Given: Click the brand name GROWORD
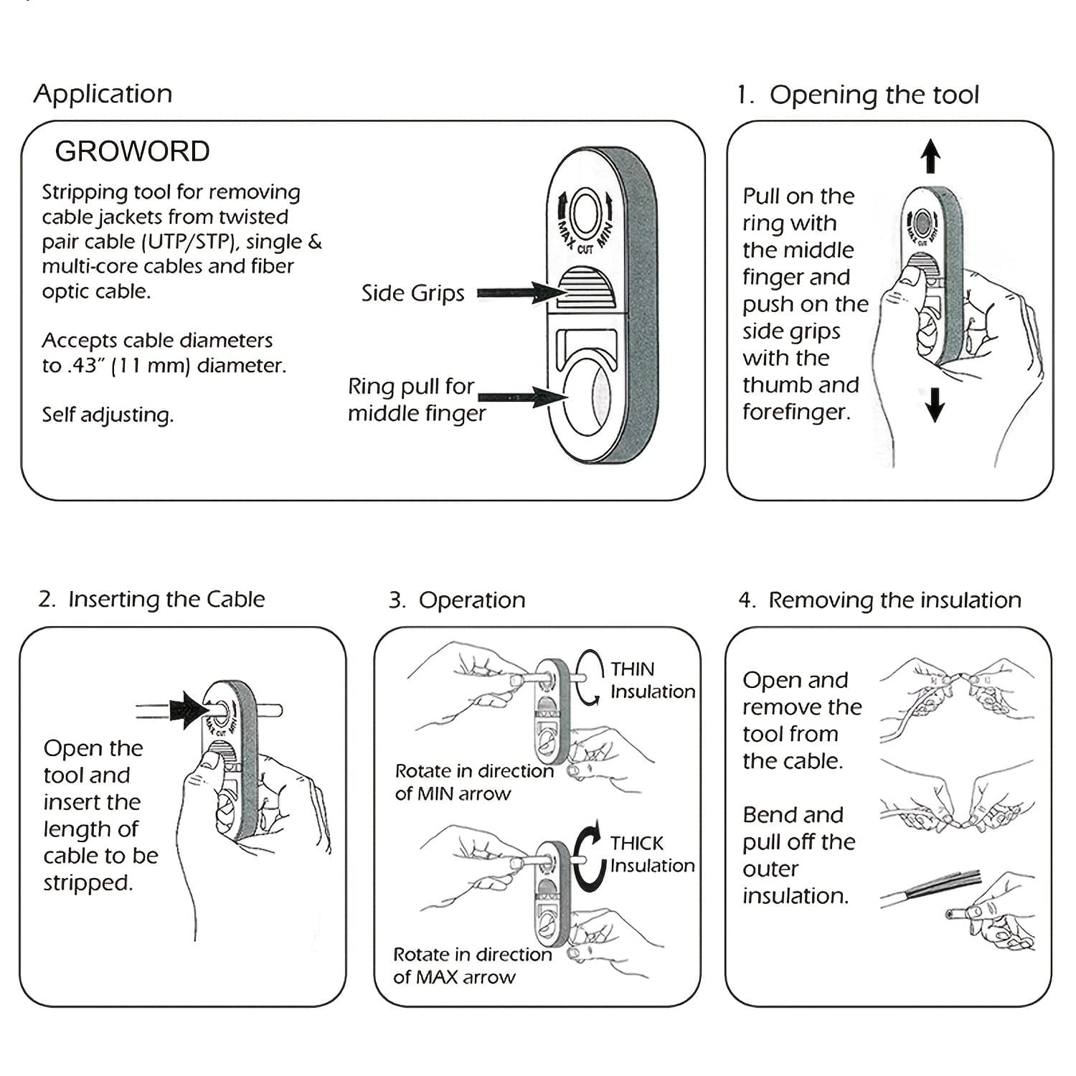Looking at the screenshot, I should (132, 151).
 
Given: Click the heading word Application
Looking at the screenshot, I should (103, 94).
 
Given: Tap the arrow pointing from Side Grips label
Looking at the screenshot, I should (520, 293).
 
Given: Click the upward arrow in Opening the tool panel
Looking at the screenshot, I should (930, 156).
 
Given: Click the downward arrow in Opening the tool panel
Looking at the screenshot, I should (934, 404).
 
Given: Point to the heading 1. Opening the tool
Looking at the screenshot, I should (858, 95).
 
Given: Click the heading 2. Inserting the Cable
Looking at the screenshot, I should (151, 599).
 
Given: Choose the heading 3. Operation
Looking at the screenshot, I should (457, 600).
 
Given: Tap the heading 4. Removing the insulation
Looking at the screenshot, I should (879, 600).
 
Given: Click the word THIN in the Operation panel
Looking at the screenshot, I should (632, 669).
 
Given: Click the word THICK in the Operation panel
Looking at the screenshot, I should (636, 843).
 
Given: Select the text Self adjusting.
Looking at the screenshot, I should (108, 415).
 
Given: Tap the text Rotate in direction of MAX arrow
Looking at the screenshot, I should (472, 966).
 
